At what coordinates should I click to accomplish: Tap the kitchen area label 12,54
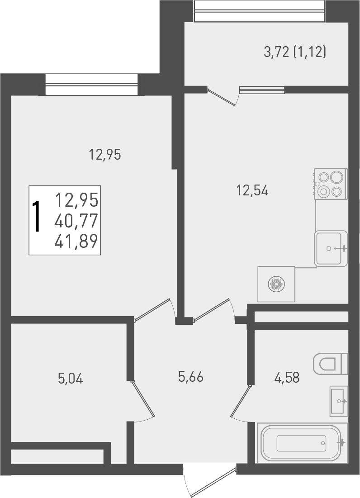pyautogui.click(x=252, y=191)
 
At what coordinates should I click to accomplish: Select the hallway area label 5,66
pyautogui.click(x=191, y=376)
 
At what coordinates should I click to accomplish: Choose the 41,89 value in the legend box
pyautogui.click(x=76, y=242)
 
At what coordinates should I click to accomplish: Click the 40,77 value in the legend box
pyautogui.click(x=76, y=221)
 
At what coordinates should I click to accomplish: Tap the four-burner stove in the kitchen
pyautogui.click(x=331, y=184)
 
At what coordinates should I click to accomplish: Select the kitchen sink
pyautogui.click(x=331, y=248)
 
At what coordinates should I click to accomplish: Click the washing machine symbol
pyautogui.click(x=276, y=284)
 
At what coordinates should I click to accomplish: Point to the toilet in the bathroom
pyautogui.click(x=330, y=363)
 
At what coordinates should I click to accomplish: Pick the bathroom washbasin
pyautogui.click(x=339, y=401)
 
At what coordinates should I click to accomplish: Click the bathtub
pyautogui.click(x=302, y=443)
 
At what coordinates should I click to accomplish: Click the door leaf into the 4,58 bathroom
pyautogui.click(x=240, y=401)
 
